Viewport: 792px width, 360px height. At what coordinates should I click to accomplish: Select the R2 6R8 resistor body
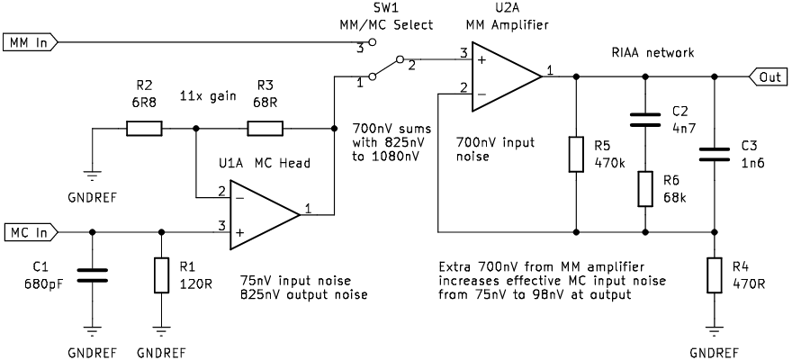[144, 129]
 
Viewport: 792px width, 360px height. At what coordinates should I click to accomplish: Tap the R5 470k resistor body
[576, 154]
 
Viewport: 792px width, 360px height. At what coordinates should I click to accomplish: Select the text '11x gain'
[203, 95]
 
